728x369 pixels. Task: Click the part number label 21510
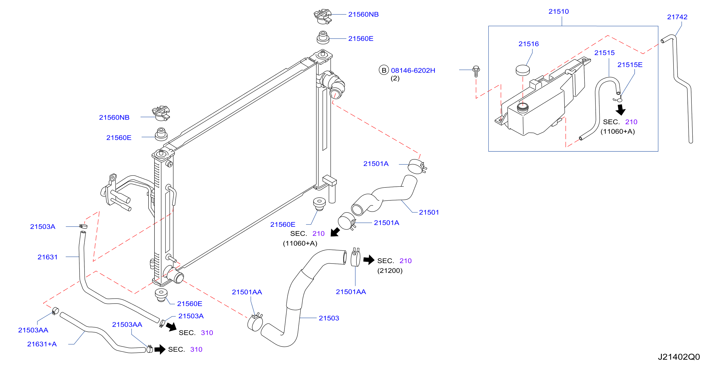pyautogui.click(x=558, y=12)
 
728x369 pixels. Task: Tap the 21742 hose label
pyautogui.click(x=677, y=17)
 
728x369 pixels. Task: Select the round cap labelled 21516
pyautogui.click(x=523, y=70)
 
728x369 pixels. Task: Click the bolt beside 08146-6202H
pyautogui.click(x=476, y=71)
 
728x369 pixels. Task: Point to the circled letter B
pyautogui.click(x=384, y=70)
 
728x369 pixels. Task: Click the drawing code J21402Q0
pyautogui.click(x=679, y=357)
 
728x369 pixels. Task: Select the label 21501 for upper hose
pyautogui.click(x=429, y=212)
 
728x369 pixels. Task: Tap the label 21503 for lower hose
pyautogui.click(x=329, y=318)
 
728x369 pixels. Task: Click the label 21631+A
pyautogui.click(x=42, y=344)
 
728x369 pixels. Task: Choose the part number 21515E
pyautogui.click(x=630, y=65)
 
